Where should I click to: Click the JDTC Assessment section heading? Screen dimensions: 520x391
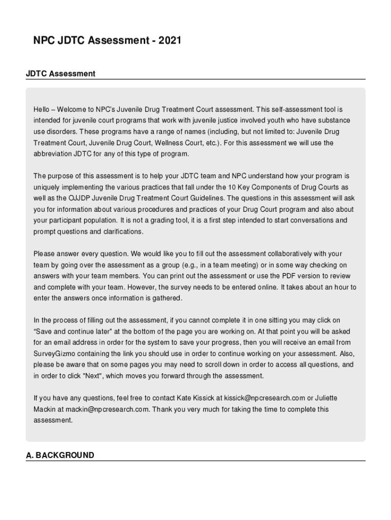click(x=60, y=74)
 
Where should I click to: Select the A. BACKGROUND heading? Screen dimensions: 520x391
click(x=60, y=455)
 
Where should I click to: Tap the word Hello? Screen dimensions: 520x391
click(x=42, y=110)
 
